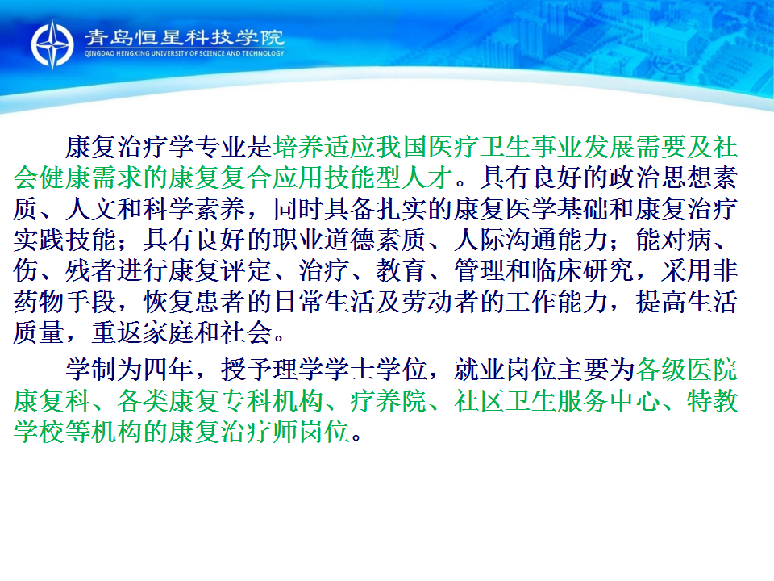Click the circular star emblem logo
tap(52, 44)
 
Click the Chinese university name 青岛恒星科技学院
tap(184, 38)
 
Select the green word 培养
tap(298, 147)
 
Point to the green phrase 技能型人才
tap(389, 178)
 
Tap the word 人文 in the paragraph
tap(91, 209)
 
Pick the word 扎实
tap(402, 209)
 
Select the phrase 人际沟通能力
tap(531, 240)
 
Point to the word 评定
tap(247, 271)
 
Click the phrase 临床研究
tap(583, 271)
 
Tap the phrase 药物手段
tap(64, 302)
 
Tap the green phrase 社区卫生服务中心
tap(557, 401)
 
